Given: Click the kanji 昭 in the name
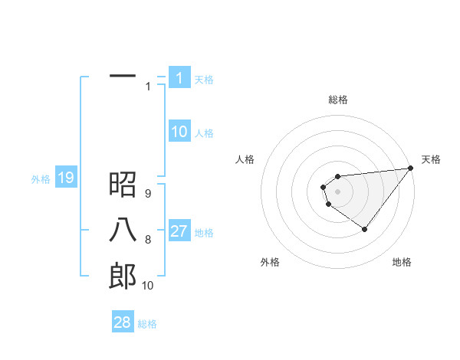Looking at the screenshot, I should [123, 185].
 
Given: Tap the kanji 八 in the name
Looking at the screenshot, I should [123, 230].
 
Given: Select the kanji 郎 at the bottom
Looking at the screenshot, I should [123, 276].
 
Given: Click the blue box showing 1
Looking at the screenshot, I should [179, 77].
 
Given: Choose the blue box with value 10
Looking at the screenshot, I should [179, 132].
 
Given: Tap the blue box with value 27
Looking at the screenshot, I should [179, 231].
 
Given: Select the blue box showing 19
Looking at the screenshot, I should [65, 178].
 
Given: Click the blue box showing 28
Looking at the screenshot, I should [123, 322].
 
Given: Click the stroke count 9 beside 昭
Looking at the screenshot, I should [148, 195].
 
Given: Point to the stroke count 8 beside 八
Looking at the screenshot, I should [148, 240].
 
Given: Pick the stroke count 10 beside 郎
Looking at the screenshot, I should [148, 286].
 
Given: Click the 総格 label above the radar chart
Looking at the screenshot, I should [338, 100].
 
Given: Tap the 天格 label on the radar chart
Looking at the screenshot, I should [431, 159].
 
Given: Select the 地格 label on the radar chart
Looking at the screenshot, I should [402, 262].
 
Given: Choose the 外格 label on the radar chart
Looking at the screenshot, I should [270, 262].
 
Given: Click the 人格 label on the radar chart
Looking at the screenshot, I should [245, 159].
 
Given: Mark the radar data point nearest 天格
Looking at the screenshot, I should [410, 168].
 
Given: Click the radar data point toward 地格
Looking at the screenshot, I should [365, 229].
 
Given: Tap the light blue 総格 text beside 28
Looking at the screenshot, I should [147, 324].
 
